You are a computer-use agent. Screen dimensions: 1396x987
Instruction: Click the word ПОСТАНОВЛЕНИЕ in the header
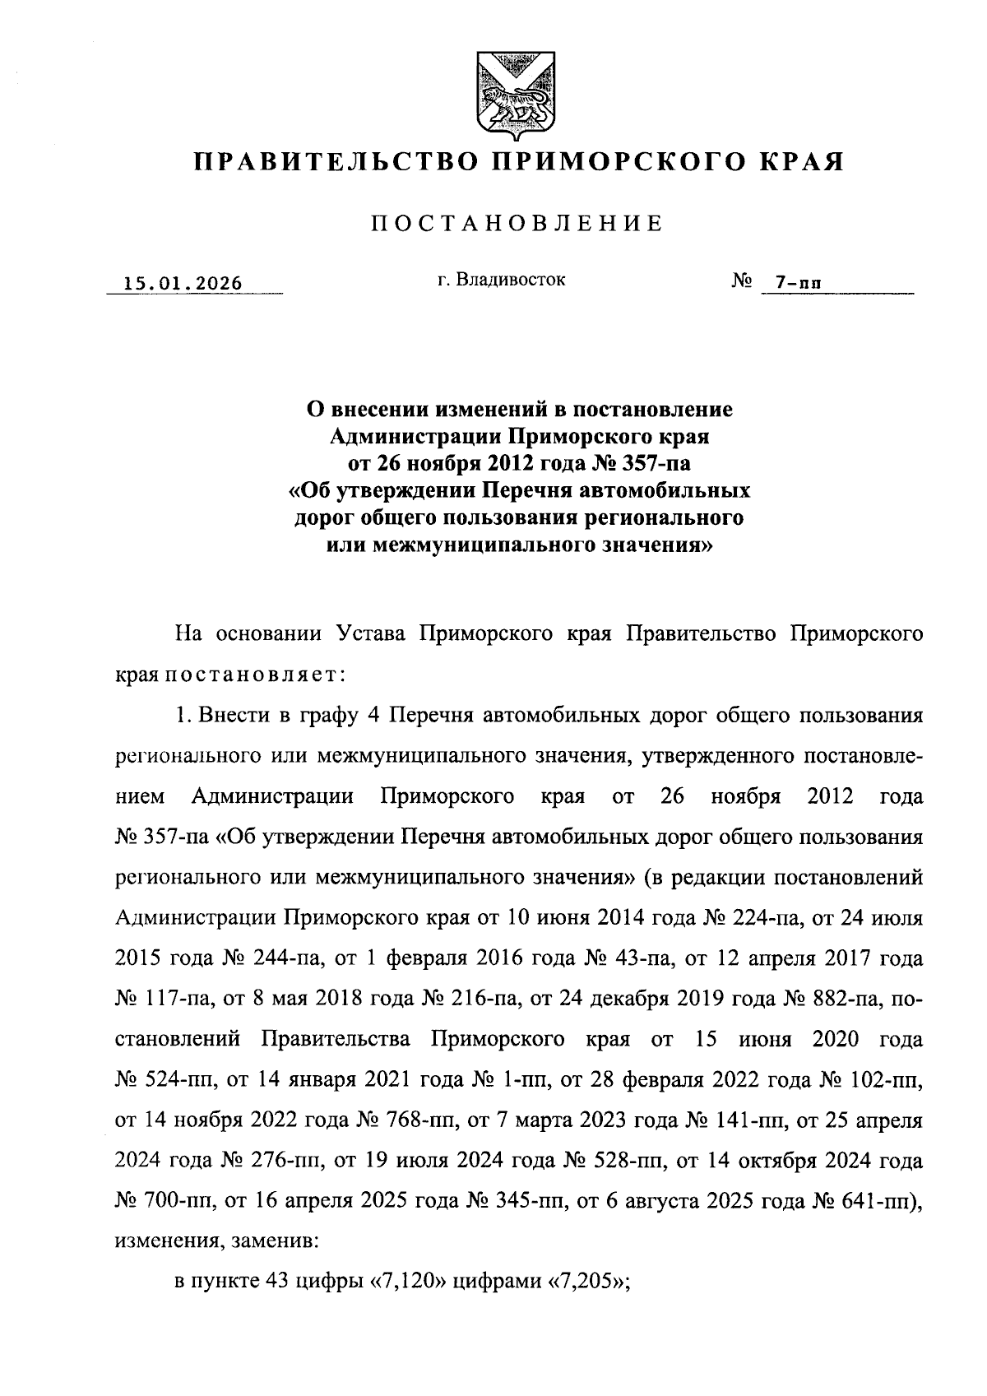[x=517, y=224]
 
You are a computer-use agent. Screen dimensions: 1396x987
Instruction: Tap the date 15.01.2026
[x=183, y=285]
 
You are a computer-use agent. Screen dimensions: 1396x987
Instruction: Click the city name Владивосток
[x=501, y=280]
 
